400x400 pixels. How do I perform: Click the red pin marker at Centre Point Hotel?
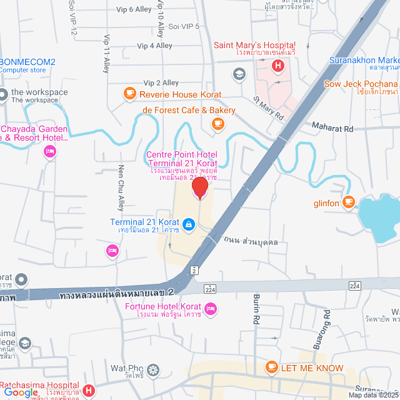[199, 187]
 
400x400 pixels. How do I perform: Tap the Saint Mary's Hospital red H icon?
[276, 64]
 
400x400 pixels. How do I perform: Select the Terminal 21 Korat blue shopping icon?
[188, 222]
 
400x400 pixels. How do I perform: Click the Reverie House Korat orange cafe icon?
[129, 94]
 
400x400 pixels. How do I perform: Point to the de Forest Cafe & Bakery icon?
[217, 124]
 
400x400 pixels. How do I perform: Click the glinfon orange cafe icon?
[348, 202]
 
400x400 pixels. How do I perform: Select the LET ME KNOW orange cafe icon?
[271, 367]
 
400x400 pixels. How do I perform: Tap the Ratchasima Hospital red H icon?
[89, 391]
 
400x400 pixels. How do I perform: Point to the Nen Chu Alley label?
[121, 187]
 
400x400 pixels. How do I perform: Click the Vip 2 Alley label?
[161, 82]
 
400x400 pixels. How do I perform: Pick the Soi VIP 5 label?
[184, 26]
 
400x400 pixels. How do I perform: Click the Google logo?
[21, 392]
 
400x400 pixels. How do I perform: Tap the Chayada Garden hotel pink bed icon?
[49, 151]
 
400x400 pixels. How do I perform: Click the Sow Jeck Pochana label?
[361, 84]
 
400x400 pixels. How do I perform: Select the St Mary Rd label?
[269, 107]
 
